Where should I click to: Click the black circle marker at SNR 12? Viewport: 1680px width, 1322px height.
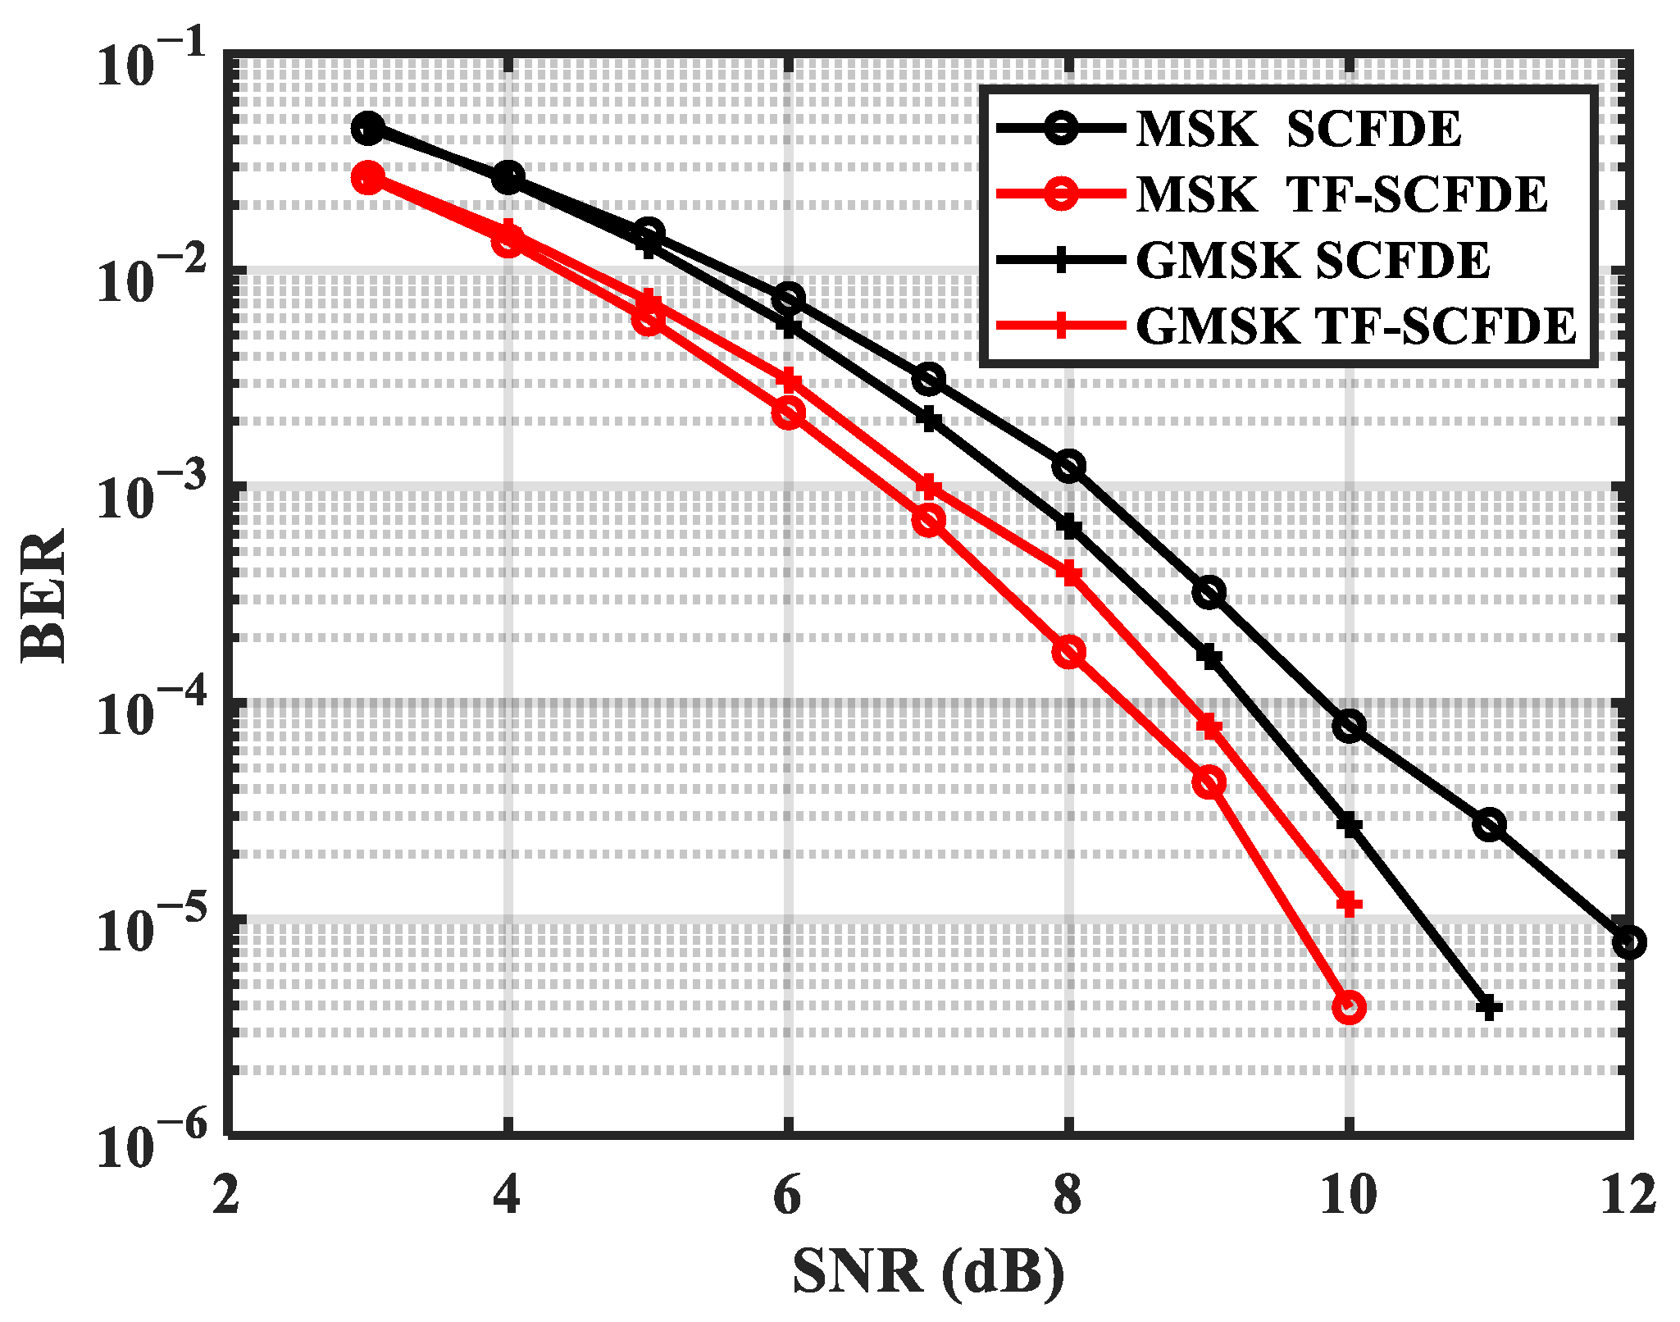1628,942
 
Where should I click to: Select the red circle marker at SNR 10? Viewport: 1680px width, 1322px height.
1349,1007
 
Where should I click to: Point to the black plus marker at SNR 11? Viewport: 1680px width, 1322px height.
1489,1008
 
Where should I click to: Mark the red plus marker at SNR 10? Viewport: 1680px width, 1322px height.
1349,905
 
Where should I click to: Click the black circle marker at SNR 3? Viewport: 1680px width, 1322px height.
368,128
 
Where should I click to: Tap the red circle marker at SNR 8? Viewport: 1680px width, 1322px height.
1068,652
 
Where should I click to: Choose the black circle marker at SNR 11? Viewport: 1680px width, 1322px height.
1489,824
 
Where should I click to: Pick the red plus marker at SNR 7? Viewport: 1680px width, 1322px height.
928,486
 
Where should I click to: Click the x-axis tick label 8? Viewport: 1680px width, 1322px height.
1068,1195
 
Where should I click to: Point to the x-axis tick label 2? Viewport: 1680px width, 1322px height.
226,1195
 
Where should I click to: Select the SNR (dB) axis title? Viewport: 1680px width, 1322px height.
928,1272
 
